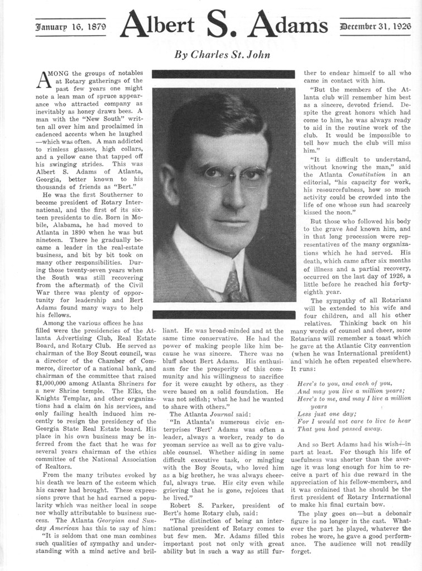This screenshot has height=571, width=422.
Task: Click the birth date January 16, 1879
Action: pos(70,26)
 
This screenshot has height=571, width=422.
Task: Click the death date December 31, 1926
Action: pos(376,26)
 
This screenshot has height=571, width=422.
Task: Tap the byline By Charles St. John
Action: pos(222,55)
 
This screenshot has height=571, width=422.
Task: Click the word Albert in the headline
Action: pos(157,25)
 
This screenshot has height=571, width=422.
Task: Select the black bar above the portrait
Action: pos(223,74)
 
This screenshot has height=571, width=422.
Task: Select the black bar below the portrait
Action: pos(223,314)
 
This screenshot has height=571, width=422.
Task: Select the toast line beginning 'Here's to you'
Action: pos(344,384)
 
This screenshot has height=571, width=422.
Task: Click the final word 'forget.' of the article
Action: pos(301,551)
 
